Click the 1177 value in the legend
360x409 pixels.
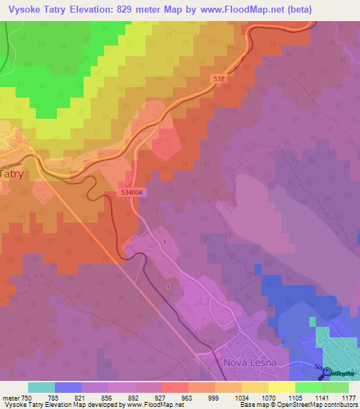pyautogui.click(x=349, y=397)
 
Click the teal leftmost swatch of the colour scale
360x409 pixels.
pyautogui.click(x=41, y=387)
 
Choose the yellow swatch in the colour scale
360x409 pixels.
pyautogui.click(x=281, y=387)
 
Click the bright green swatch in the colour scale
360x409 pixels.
pyautogui.click(x=308, y=387)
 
